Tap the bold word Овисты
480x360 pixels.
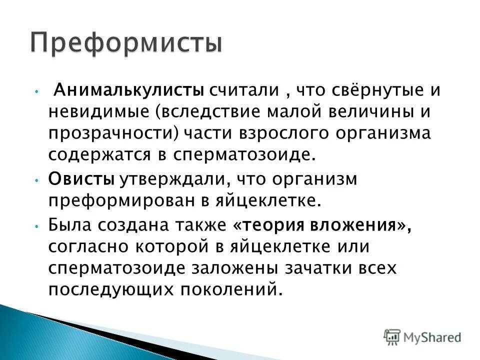click(x=81, y=179)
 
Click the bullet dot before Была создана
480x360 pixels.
click(x=37, y=225)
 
